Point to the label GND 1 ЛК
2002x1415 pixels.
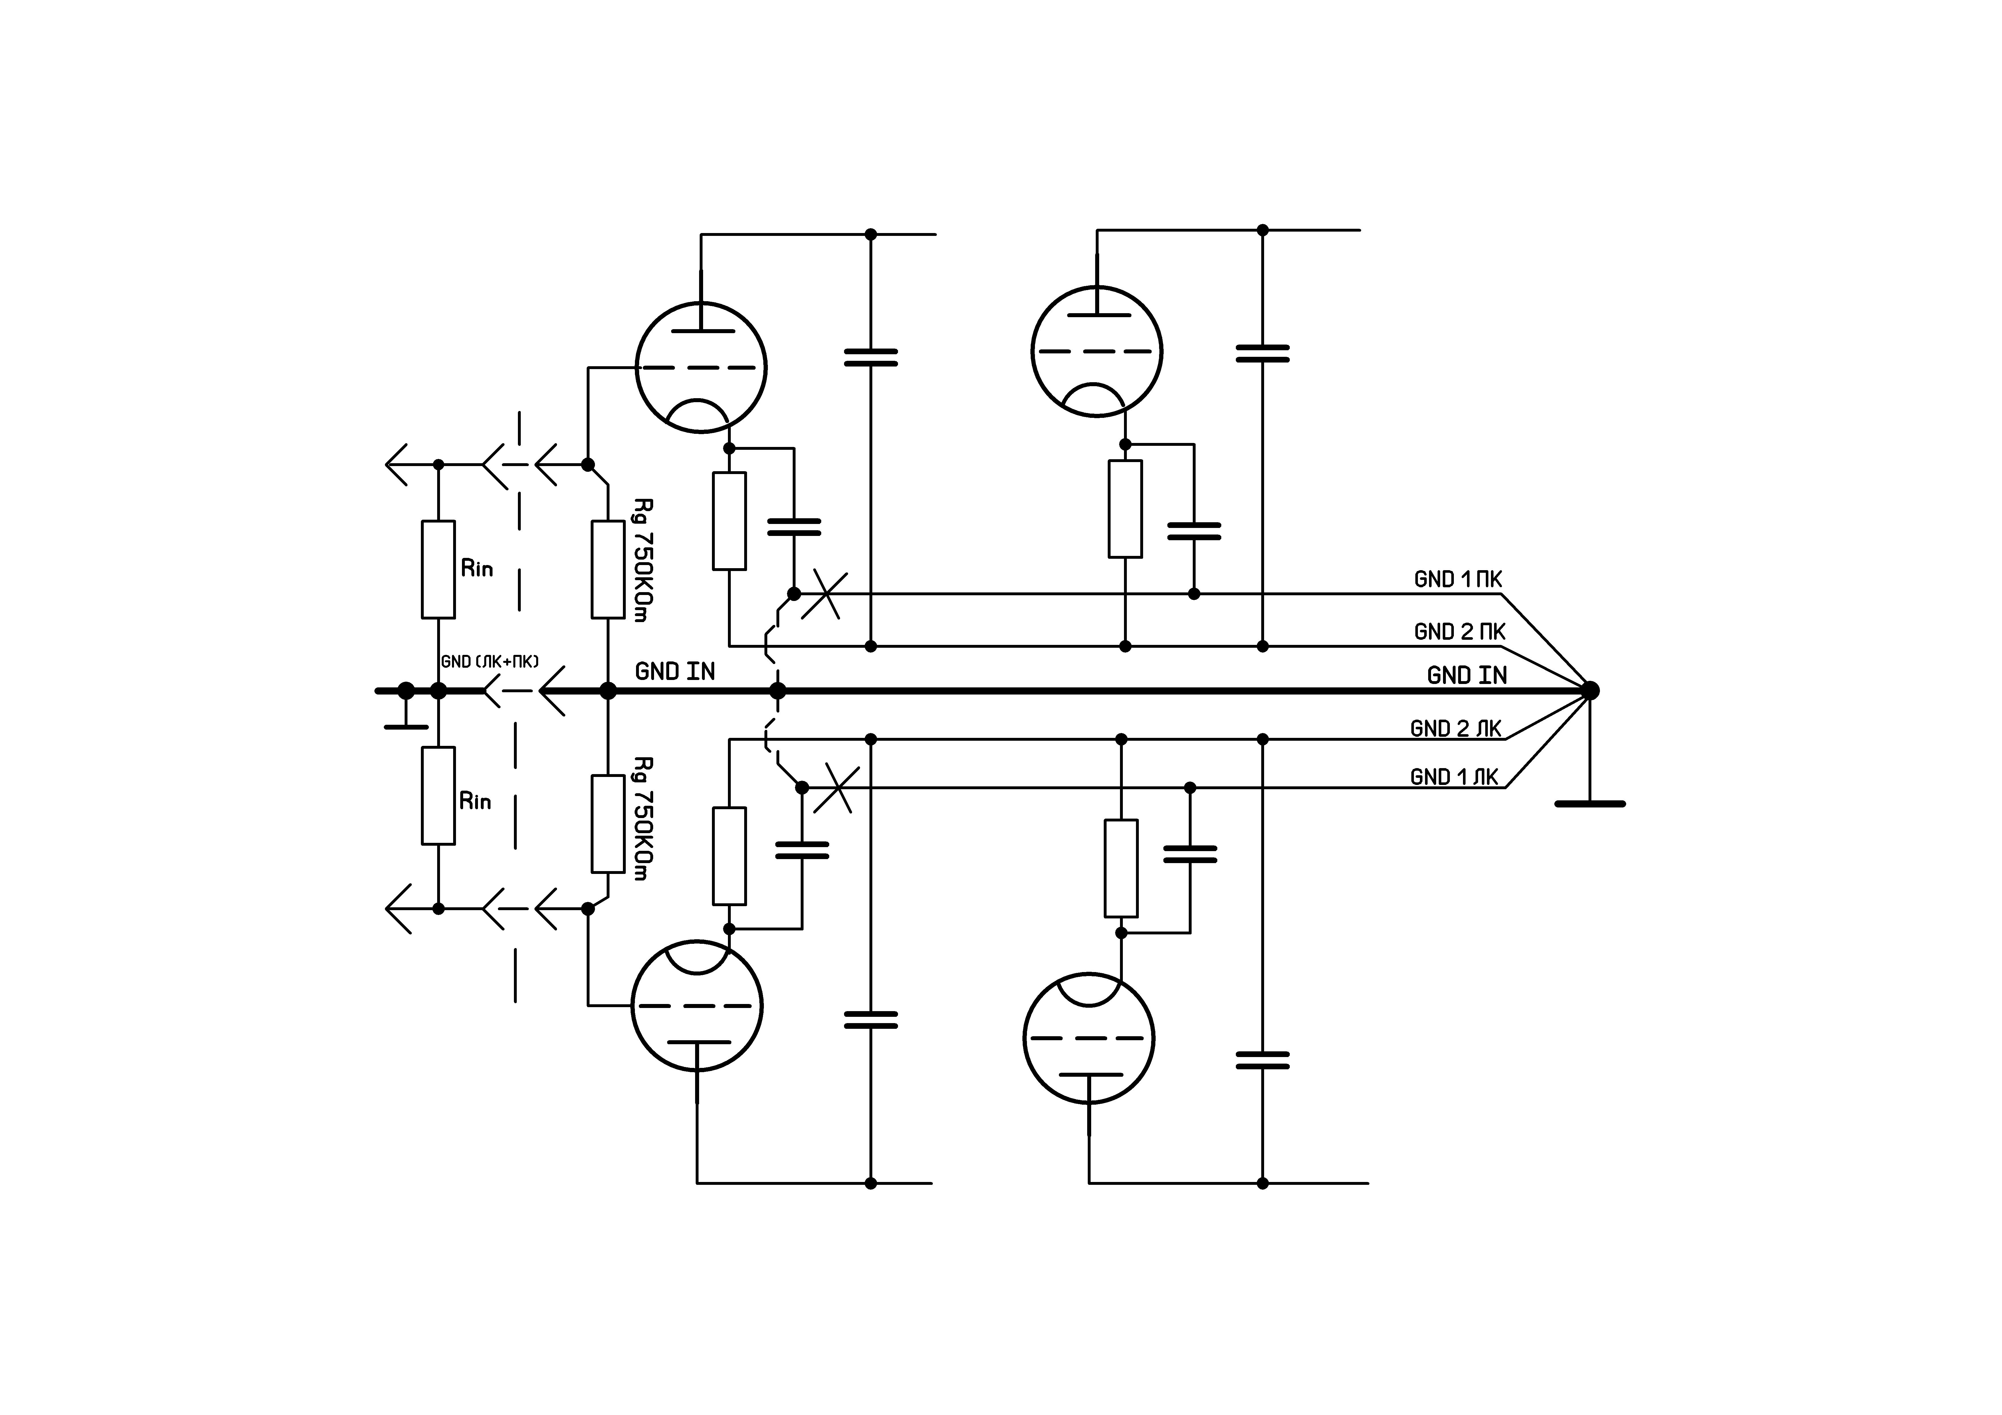pos(1454,777)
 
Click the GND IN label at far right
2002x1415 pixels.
pos(1467,675)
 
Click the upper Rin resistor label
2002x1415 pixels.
pos(477,568)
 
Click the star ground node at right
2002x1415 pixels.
pos(1591,691)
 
